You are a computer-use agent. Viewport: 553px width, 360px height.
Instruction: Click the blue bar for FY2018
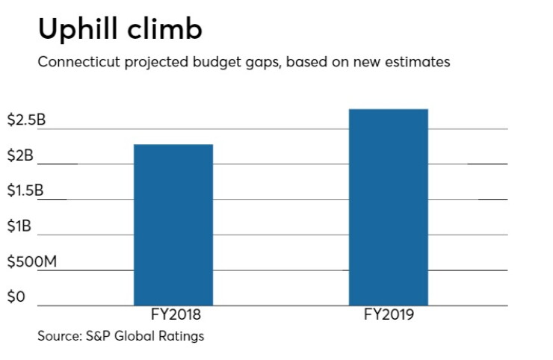coord(173,225)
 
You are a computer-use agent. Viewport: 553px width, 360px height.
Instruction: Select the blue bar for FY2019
coord(389,207)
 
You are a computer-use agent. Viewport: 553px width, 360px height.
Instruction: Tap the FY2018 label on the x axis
coord(176,314)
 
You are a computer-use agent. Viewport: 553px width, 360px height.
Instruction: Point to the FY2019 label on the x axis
coord(389,314)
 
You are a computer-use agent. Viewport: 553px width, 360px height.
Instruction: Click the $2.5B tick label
coord(26,120)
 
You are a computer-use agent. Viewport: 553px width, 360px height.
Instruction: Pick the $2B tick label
coord(20,155)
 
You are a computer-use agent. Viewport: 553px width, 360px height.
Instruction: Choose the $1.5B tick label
coord(25,190)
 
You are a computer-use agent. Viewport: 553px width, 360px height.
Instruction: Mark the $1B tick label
coord(19,226)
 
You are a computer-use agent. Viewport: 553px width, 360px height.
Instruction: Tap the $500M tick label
coord(31,261)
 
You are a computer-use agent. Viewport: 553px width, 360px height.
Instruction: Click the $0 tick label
coord(16,297)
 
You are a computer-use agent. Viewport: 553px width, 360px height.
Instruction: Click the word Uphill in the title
coord(78,30)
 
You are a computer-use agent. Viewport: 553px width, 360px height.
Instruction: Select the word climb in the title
coord(164,28)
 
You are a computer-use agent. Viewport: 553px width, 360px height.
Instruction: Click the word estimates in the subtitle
coord(417,62)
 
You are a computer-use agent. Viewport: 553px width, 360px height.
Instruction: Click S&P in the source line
coord(99,336)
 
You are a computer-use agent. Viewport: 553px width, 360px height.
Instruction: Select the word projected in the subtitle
coord(156,63)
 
